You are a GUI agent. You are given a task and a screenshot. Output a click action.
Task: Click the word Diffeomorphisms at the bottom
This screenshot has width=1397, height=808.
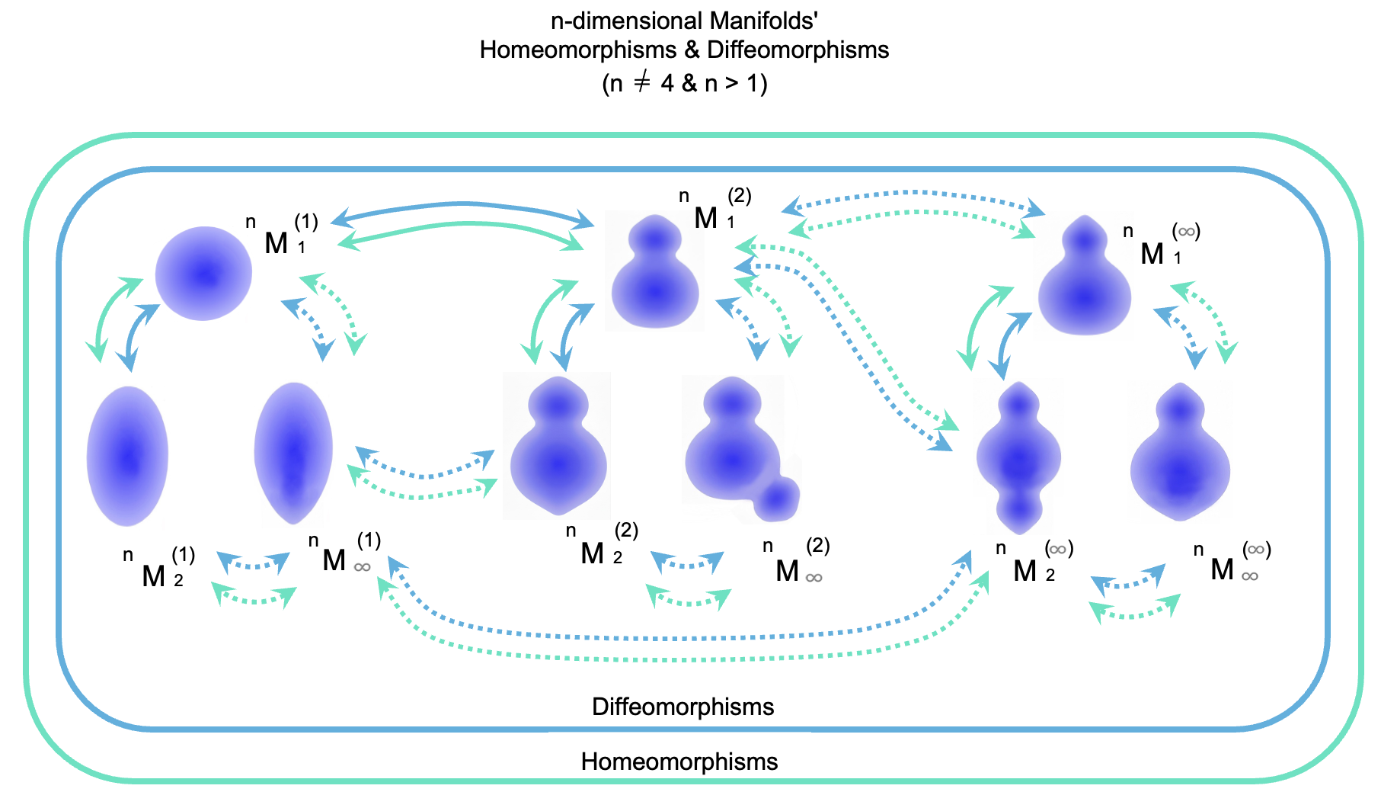683,707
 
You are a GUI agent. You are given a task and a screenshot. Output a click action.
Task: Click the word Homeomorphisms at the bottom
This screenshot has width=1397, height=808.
679,762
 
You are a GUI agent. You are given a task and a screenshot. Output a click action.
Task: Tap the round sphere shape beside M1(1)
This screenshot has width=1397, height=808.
203,274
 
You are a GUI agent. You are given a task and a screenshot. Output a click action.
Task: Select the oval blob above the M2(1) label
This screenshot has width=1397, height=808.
127,456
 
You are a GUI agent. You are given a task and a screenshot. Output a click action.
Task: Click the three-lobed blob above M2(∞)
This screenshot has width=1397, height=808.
1018,457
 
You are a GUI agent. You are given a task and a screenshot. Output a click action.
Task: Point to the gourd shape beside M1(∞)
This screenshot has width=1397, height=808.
1085,278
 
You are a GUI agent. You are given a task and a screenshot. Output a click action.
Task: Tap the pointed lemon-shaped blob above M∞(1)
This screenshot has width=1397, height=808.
293,453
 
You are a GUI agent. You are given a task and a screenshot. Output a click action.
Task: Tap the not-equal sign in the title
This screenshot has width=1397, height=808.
642,82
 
